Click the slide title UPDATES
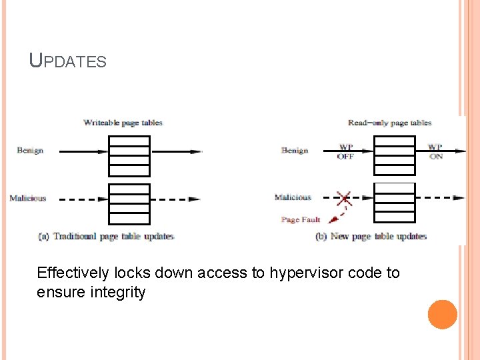pyautogui.click(x=67, y=61)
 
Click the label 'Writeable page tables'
pyautogui.click(x=123, y=123)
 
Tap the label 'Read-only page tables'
pyautogui.click(x=389, y=123)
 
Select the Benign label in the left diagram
pyautogui.click(x=30, y=151)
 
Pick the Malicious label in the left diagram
pyautogui.click(x=28, y=198)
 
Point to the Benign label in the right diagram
pyautogui.click(x=294, y=151)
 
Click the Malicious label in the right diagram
pyautogui.click(x=293, y=197)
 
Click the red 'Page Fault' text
pyautogui.click(x=301, y=219)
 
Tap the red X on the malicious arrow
pyautogui.click(x=344, y=198)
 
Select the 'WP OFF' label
pyautogui.click(x=345, y=151)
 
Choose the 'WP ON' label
pyautogui.click(x=435, y=151)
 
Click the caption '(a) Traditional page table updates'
pyautogui.click(x=107, y=236)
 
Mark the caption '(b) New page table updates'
pyautogui.click(x=371, y=236)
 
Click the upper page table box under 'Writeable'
pyautogui.click(x=129, y=155)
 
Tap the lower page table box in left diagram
pyautogui.click(x=129, y=203)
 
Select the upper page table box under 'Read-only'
pyautogui.click(x=394, y=155)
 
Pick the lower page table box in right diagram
pyautogui.click(x=394, y=203)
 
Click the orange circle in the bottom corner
pyautogui.click(x=443, y=314)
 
